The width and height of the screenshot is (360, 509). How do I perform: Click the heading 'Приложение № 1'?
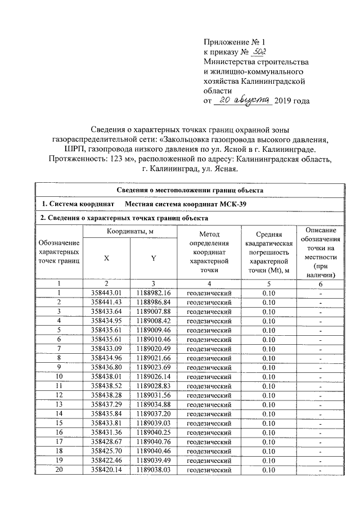(233, 42)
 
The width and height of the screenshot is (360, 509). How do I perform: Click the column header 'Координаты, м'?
(130, 232)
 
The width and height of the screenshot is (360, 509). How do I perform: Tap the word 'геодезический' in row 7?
(209, 349)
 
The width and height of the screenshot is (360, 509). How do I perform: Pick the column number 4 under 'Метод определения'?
(209, 283)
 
